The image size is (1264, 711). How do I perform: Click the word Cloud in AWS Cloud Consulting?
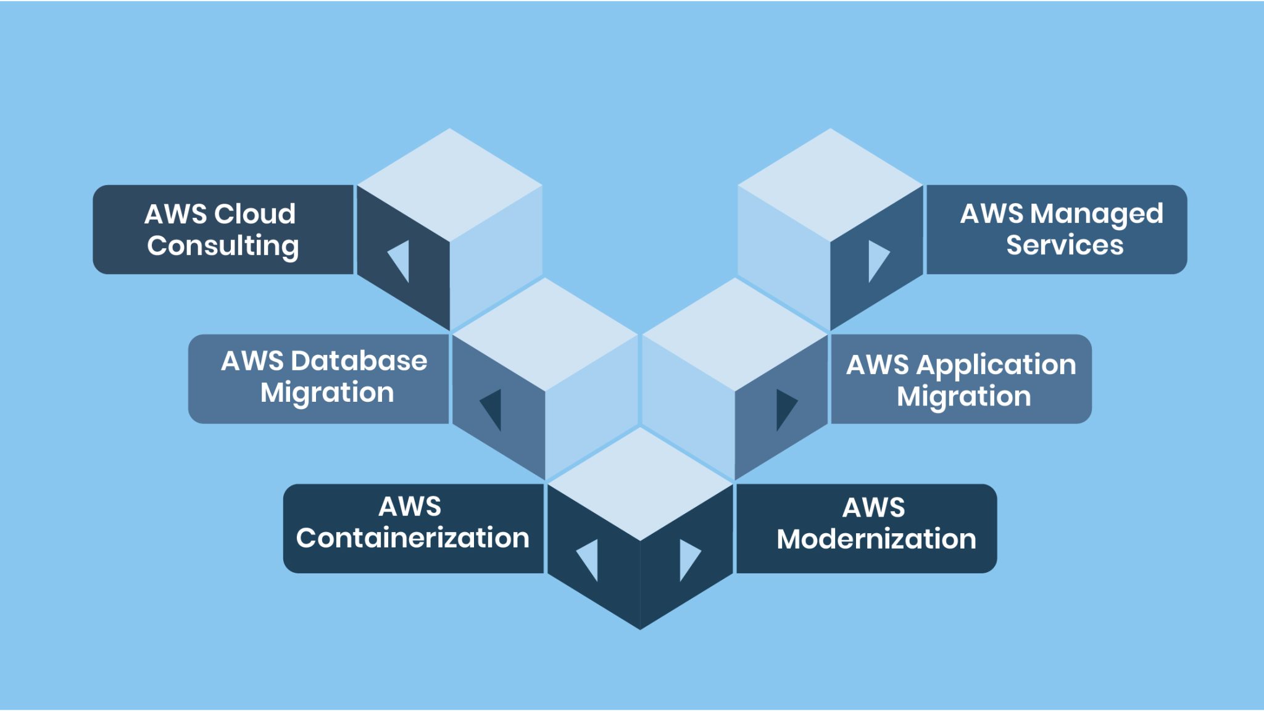click(255, 214)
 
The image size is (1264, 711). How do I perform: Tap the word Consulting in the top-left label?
click(223, 246)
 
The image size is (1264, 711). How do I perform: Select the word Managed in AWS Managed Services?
click(1096, 214)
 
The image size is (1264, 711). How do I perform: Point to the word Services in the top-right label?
click(1065, 245)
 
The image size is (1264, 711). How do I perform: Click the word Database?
click(359, 361)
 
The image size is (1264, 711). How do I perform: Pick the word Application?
click(996, 365)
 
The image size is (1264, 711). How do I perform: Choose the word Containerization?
click(412, 538)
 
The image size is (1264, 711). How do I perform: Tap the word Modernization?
click(876, 539)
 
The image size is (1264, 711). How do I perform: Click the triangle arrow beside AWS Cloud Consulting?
click(400, 260)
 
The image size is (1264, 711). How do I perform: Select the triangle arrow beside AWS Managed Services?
click(876, 259)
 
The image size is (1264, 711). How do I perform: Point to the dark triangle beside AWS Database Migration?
click(493, 408)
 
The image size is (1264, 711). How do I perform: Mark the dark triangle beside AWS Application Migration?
click(784, 408)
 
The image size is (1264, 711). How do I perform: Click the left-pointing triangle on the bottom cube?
click(589, 559)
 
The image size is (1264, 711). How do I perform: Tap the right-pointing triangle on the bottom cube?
click(688, 559)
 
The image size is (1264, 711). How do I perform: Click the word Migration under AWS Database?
click(327, 393)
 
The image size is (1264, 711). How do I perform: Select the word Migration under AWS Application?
click(963, 396)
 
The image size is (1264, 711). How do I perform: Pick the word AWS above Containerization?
click(410, 507)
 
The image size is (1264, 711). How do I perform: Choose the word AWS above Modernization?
click(873, 508)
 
